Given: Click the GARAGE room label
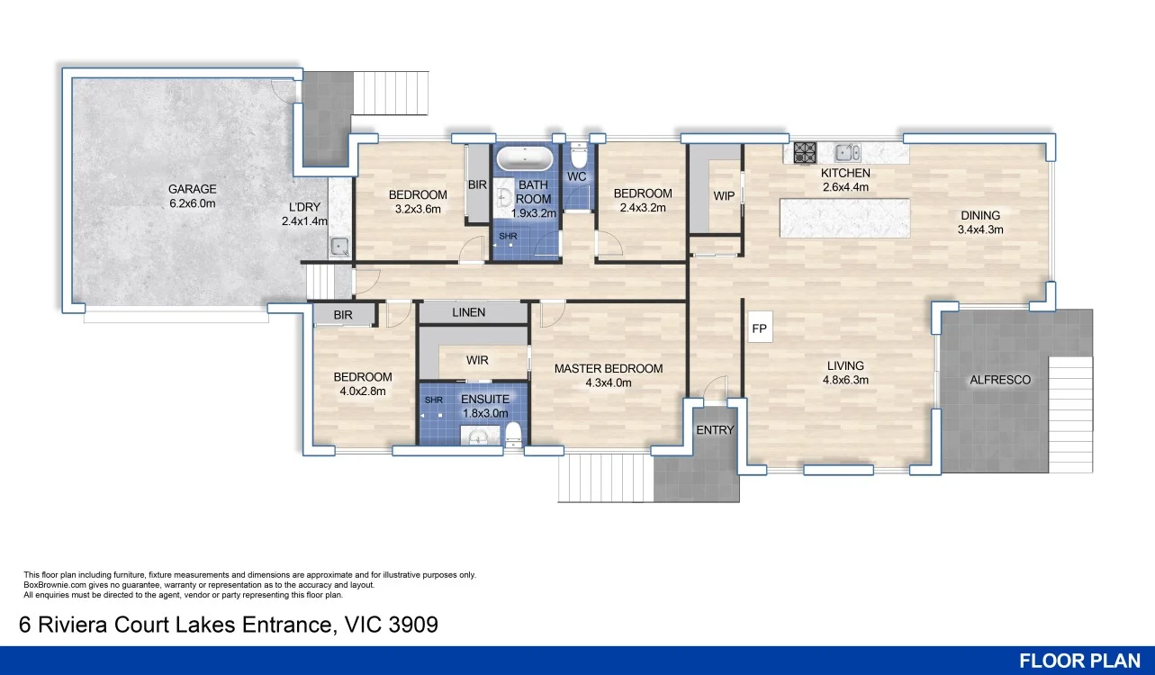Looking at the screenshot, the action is click(193, 189).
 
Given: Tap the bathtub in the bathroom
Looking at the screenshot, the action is click(525, 158).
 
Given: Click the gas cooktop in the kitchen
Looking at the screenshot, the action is click(805, 153).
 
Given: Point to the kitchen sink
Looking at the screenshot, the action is click(847, 152).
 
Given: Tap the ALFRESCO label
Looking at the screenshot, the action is click(1000, 380).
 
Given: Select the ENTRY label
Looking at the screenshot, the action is click(715, 430).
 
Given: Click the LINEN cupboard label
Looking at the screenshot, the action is click(469, 312).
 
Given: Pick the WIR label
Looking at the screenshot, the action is click(477, 360).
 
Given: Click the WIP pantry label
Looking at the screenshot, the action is click(724, 196).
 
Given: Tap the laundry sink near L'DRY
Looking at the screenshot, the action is click(339, 247).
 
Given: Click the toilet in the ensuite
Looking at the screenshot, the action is click(513, 434).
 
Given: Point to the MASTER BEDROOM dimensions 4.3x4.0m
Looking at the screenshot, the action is click(609, 382).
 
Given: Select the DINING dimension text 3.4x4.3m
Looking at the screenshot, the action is click(980, 230).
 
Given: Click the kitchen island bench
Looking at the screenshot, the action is click(844, 218).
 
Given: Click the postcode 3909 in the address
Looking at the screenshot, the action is click(413, 625).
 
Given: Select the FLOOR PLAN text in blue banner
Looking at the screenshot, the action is click(1079, 661).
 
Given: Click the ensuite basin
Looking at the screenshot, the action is click(479, 437).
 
